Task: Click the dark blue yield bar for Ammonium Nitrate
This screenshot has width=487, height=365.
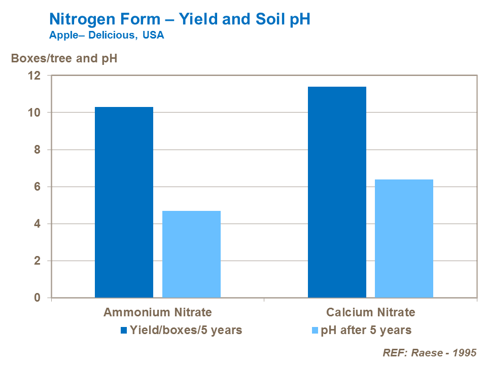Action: pyautogui.click(x=124, y=202)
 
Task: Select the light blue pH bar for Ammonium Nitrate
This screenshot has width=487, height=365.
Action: pyautogui.click(x=191, y=254)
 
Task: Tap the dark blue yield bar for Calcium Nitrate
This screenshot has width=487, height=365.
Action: pyautogui.click(x=337, y=192)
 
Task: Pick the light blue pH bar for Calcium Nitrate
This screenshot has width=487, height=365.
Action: pyautogui.click(x=404, y=238)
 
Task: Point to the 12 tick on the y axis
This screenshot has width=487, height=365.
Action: pyautogui.click(x=34, y=76)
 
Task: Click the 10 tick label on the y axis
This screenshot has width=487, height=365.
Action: pyautogui.click(x=34, y=113)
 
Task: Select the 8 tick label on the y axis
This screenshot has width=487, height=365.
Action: pyautogui.click(x=37, y=150)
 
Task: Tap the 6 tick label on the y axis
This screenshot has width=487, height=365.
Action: pyautogui.click(x=37, y=187)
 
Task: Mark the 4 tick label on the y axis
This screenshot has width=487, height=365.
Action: pyautogui.click(x=37, y=224)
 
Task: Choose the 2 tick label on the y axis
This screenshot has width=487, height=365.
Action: pyautogui.click(x=37, y=261)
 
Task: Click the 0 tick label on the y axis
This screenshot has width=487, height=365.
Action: pyautogui.click(x=37, y=298)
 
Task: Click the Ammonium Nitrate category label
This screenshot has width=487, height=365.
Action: pyautogui.click(x=158, y=312)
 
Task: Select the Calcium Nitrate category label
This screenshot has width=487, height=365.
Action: pyautogui.click(x=370, y=312)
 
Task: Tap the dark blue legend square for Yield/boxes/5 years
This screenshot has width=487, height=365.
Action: pyautogui.click(x=124, y=331)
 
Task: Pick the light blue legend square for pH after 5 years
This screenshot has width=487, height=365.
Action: pyautogui.click(x=314, y=331)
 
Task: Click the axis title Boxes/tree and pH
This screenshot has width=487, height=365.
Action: pyautogui.click(x=64, y=58)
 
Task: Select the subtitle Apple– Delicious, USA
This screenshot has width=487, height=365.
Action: pyautogui.click(x=107, y=36)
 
